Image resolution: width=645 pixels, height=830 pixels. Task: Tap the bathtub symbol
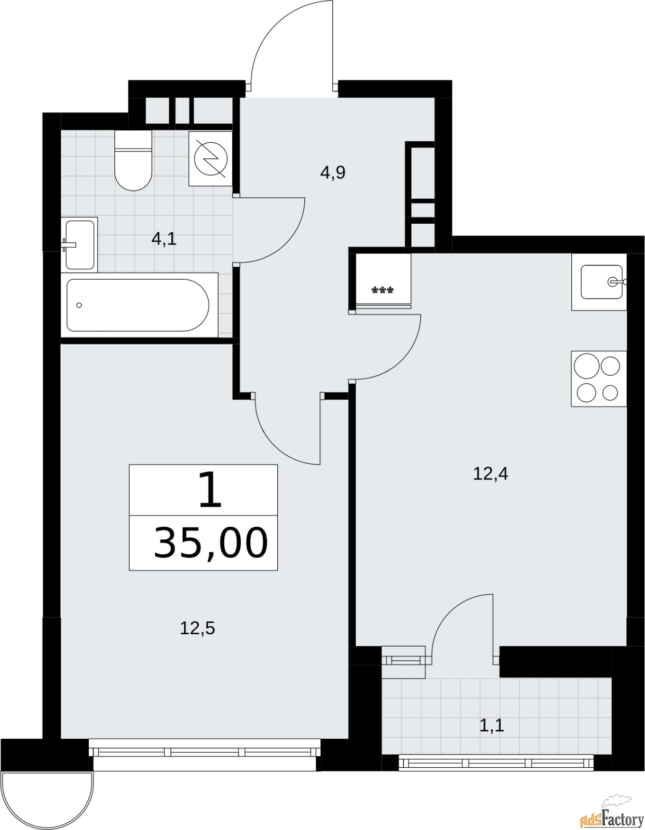tap(139, 305)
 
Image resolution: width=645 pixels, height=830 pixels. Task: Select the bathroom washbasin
tap(80, 244)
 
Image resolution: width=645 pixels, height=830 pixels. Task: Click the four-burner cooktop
tap(598, 378)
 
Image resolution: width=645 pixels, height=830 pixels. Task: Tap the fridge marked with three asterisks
tap(383, 280)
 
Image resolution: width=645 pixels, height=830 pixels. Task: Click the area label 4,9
tap(332, 172)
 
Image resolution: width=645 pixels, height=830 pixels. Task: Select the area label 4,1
tap(164, 239)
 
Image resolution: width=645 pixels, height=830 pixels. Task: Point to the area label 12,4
tap(490, 473)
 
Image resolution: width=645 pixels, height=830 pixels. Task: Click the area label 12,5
tap(197, 629)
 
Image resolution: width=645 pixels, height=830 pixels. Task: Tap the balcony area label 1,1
tap(491, 725)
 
